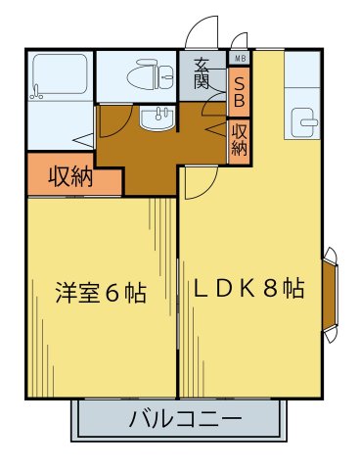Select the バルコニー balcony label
coord(185,422)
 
